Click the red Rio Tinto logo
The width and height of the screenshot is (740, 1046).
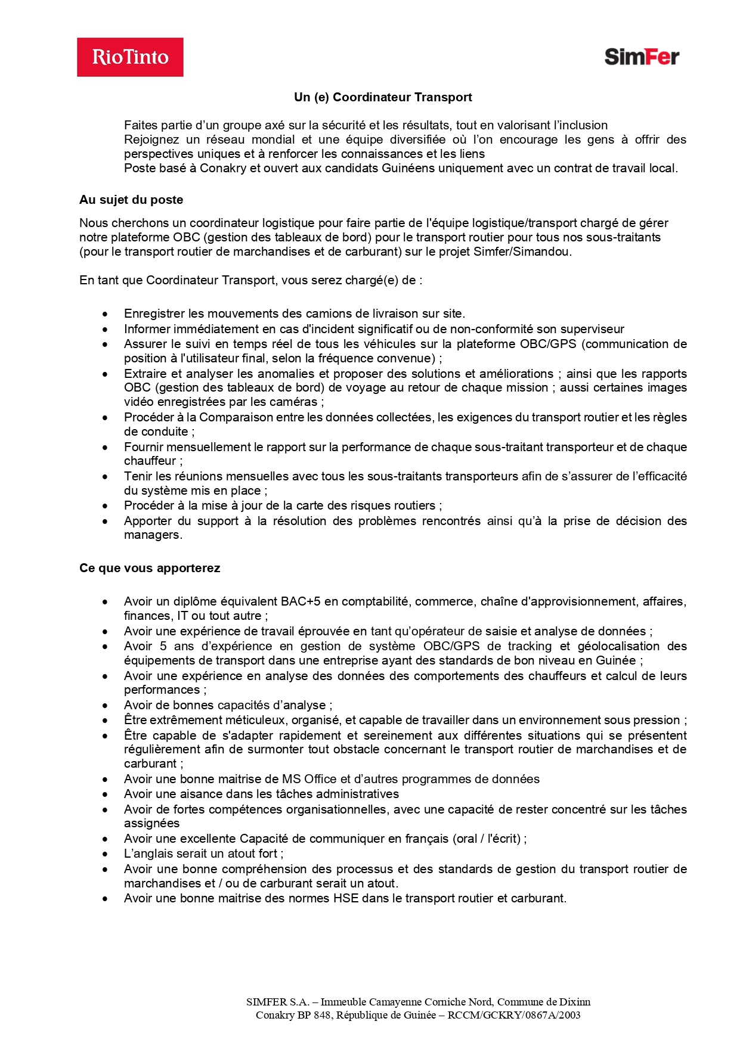[x=130, y=57]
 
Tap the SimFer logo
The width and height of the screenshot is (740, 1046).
[x=642, y=57]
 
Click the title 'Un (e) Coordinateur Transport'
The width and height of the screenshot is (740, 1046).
[x=383, y=97]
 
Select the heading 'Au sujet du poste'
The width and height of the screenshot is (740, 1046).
[x=131, y=200]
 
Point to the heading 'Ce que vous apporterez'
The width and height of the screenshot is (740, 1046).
[x=150, y=568]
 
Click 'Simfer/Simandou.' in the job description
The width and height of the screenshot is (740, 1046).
[x=522, y=252]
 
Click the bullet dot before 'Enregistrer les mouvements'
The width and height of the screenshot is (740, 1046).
[x=106, y=314]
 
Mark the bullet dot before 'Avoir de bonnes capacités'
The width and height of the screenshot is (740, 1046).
[x=106, y=706]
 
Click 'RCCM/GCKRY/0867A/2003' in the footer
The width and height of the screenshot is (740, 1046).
[x=514, y=1015]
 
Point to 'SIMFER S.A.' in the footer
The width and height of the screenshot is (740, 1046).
[x=277, y=1002]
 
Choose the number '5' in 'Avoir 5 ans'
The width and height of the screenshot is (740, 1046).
[x=163, y=646]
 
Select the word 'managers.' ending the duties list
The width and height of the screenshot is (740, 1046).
[x=153, y=535]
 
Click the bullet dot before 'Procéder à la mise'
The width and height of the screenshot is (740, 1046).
[x=106, y=506]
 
